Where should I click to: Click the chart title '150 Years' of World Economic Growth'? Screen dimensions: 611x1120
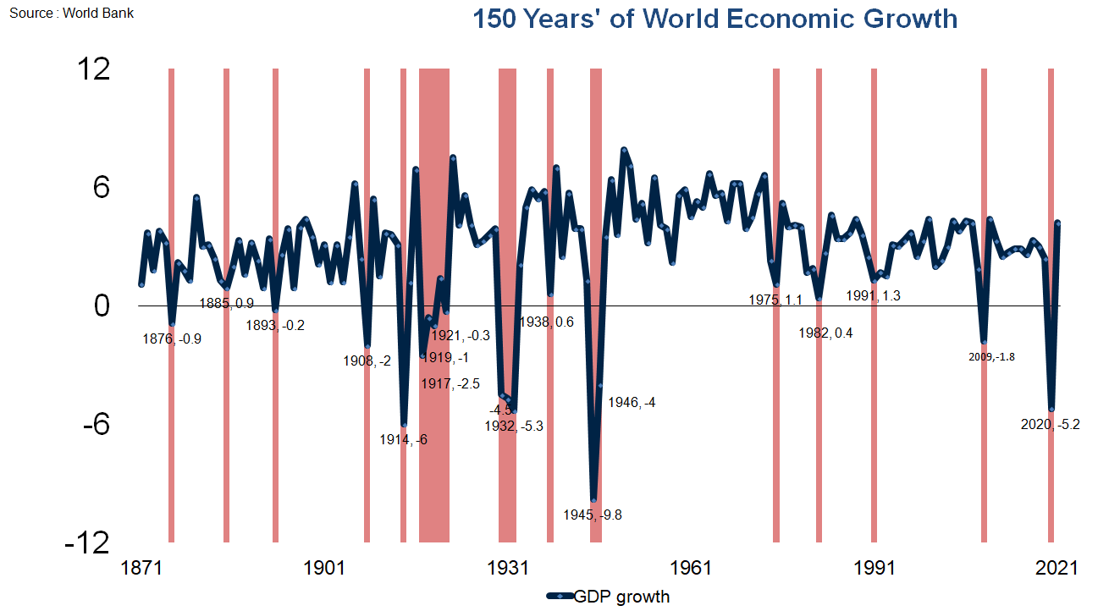(x=714, y=19)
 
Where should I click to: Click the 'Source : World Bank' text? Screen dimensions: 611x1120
(x=71, y=14)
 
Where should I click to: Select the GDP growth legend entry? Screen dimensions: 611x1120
(x=609, y=597)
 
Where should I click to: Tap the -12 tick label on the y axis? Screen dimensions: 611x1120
(x=87, y=542)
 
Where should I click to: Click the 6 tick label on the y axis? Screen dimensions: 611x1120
(x=101, y=187)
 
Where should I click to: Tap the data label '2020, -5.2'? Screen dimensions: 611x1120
(x=1051, y=425)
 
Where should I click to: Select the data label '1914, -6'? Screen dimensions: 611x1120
(x=404, y=439)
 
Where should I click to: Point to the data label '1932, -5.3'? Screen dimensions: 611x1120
(x=514, y=426)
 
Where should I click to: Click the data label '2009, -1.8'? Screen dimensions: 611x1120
(x=991, y=356)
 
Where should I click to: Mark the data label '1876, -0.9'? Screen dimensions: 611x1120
(x=173, y=339)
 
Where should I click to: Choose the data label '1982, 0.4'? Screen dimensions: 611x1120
(x=825, y=333)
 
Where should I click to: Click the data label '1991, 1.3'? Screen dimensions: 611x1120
(x=874, y=295)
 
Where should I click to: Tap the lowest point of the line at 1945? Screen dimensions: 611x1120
(x=594, y=499)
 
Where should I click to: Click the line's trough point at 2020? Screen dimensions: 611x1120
(x=1051, y=409)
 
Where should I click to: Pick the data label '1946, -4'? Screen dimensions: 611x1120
(x=632, y=403)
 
